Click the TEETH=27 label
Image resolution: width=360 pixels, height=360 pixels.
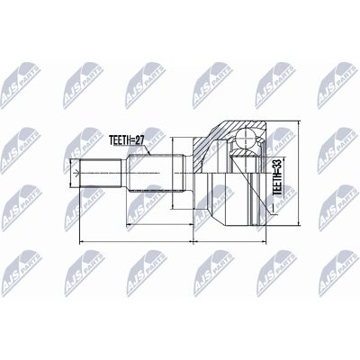pyautogui.click(x=126, y=140)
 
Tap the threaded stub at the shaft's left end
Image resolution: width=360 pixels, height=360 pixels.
pyautogui.click(x=101, y=173)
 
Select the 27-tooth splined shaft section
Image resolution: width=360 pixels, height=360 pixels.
pyautogui.click(x=156, y=173)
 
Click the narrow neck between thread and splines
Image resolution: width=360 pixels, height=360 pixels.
pyautogui.click(x=124, y=173)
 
